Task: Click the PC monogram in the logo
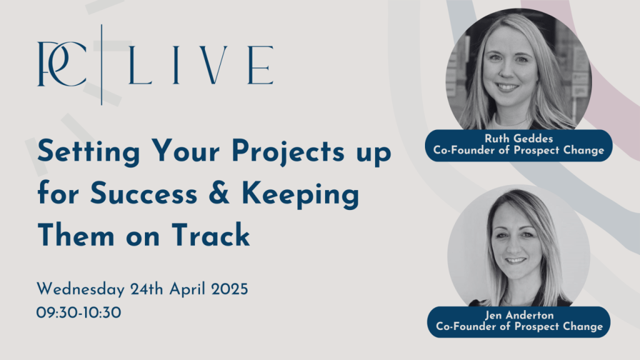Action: [62, 64]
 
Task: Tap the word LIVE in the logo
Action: [201, 65]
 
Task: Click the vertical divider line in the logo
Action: [102, 64]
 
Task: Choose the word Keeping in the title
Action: [301, 195]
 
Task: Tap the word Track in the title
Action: [211, 235]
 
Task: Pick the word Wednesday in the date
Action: [81, 289]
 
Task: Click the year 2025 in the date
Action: [229, 289]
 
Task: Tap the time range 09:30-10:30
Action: [79, 313]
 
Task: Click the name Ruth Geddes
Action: [519, 138]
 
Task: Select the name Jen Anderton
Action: [519, 315]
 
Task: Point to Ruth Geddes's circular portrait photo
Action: [519, 71]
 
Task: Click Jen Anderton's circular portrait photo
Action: [519, 247]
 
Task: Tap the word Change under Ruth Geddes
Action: [583, 151]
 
